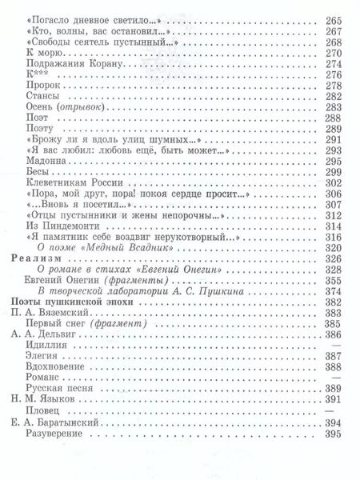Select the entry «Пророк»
tap(42, 86)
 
